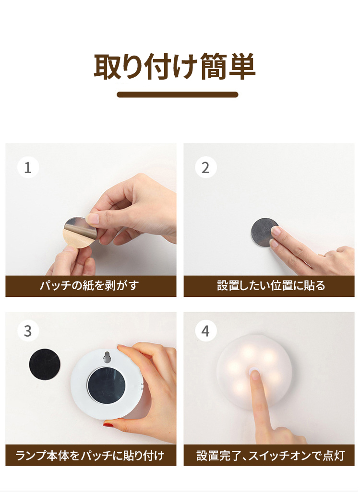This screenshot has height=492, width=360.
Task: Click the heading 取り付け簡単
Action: pos(175,66)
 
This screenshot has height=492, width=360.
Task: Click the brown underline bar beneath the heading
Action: pos(178,94)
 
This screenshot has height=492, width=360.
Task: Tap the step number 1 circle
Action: pos(28,167)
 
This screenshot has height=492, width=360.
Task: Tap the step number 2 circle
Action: pos(206,167)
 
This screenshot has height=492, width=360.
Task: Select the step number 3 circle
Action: pos(28,331)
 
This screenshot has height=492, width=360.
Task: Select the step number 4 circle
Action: pos(206,331)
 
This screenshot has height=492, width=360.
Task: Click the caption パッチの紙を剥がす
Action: pos(89,285)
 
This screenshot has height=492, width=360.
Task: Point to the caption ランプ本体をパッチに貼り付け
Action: pos(90,455)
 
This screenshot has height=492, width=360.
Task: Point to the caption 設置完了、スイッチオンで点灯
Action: pos(271,455)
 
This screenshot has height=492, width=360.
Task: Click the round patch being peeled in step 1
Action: pos(80,233)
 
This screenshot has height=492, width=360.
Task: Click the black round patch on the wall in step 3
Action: pos(44,364)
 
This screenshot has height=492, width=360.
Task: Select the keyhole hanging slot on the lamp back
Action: pos(108,357)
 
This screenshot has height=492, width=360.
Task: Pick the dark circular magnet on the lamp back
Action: pos(106,385)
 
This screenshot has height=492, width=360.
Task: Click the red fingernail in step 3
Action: pos(108,424)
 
